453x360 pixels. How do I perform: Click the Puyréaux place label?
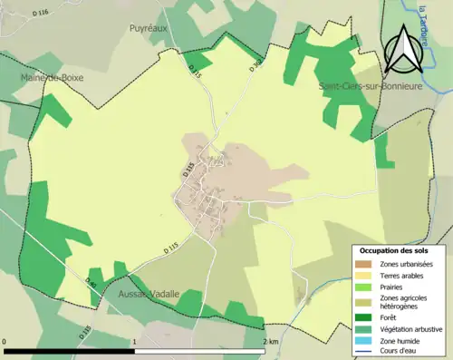149,29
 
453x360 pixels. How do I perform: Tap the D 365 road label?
255,65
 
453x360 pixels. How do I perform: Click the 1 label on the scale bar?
135,341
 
